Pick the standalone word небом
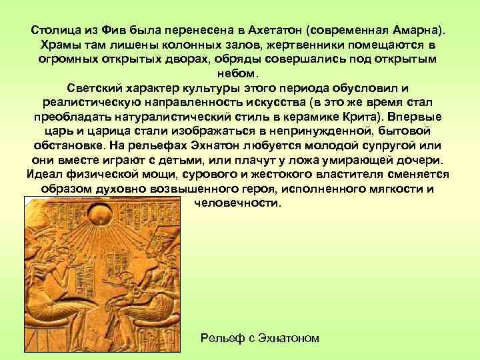240,73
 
